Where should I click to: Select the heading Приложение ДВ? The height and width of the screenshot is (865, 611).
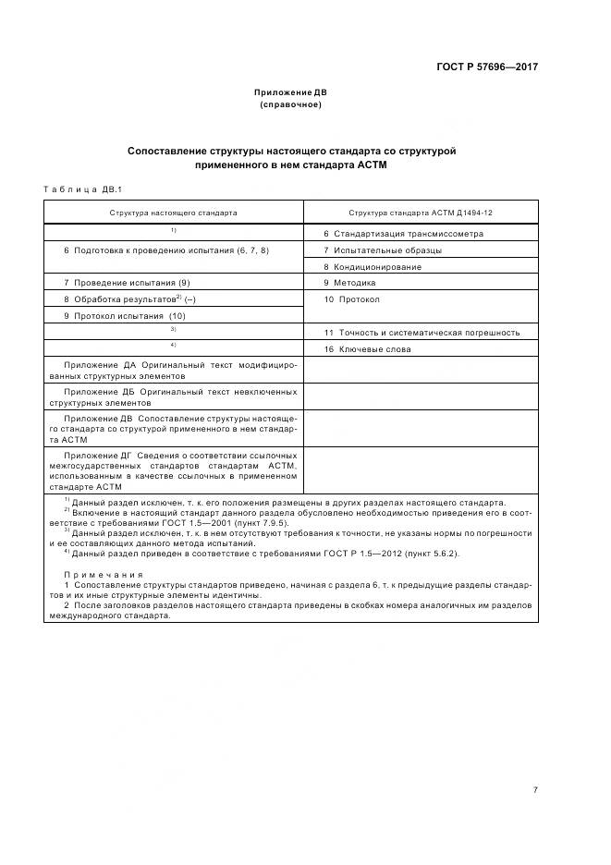coord(290,92)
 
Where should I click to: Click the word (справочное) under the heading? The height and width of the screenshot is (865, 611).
coord(290,104)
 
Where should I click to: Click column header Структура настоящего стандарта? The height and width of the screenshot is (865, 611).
coord(173,213)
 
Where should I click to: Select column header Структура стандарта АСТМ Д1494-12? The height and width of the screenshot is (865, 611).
coord(420,213)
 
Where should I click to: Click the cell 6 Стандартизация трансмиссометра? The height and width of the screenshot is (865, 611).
coord(403,234)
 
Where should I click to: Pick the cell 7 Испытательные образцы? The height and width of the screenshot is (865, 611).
coord(383,250)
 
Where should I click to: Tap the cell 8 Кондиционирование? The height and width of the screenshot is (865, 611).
coord(373,267)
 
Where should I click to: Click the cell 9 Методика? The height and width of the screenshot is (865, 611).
coord(349,283)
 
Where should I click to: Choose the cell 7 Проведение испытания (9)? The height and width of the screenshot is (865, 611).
coord(127,283)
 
